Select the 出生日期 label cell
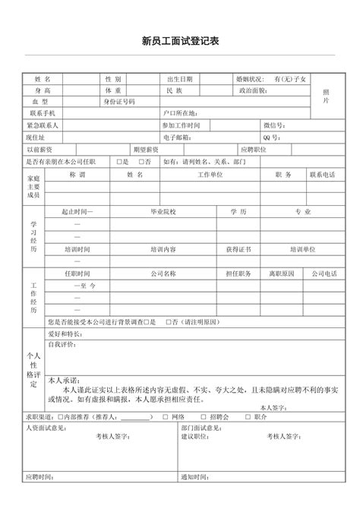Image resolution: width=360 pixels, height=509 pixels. pos(180,79)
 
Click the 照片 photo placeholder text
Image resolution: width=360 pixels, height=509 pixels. pos(326,96)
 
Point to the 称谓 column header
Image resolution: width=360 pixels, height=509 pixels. pos(77,174)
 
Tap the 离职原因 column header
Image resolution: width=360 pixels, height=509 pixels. pos(281,273)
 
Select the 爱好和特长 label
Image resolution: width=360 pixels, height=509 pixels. pos(65,334)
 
